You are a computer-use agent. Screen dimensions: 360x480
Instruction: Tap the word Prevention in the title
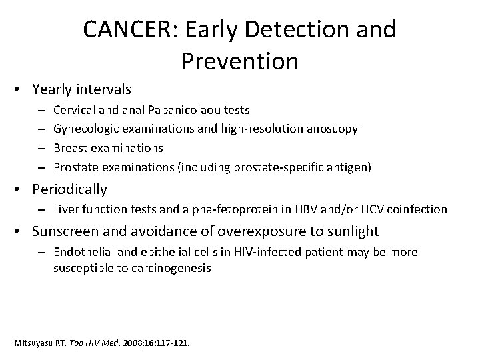(x=239, y=61)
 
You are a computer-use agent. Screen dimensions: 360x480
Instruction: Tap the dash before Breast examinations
(x=41, y=147)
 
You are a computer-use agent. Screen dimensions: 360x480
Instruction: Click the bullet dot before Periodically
(x=22, y=190)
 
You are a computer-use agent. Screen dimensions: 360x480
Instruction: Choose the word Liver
(x=65, y=209)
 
